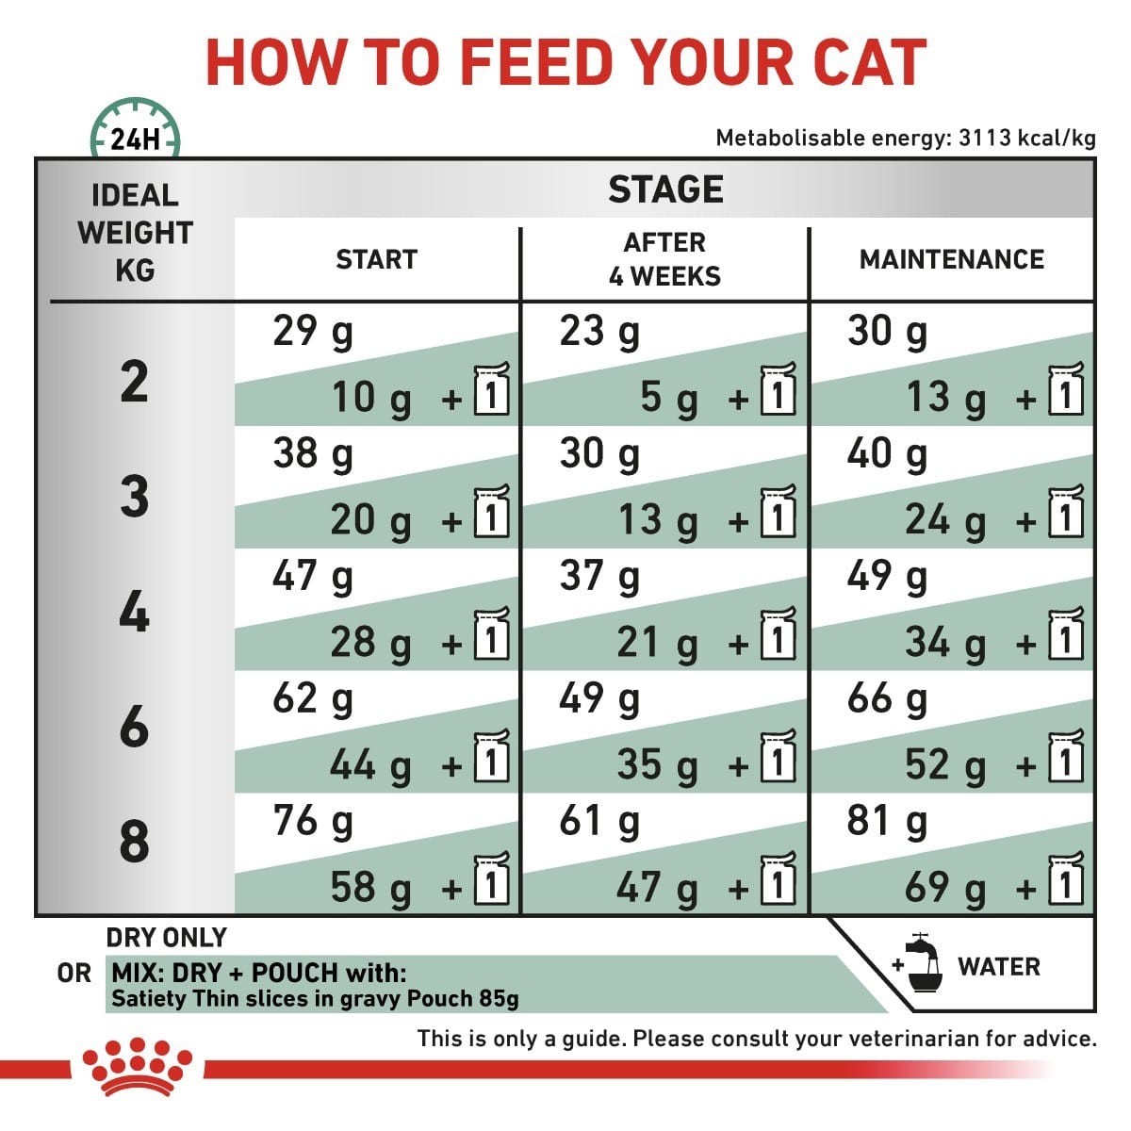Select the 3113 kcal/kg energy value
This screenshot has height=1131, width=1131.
(1026, 139)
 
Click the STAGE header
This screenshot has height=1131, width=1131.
(665, 189)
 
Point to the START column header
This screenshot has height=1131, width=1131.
(376, 259)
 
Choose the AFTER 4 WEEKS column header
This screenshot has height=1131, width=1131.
(664, 259)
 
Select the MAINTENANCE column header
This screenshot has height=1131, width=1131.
(951, 259)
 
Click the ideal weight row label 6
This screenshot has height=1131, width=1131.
(134, 727)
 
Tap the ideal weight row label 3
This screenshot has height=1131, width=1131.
(134, 497)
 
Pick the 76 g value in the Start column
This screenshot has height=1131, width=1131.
(312, 821)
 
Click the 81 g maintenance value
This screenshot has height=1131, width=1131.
(886, 821)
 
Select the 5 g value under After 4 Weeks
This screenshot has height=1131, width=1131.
(668, 398)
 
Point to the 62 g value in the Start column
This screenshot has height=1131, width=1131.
(312, 699)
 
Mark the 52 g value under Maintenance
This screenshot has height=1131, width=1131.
(944, 764)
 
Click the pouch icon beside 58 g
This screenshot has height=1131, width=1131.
(491, 880)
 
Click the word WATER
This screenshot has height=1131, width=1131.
(998, 967)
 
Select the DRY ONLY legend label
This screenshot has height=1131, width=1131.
(167, 938)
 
